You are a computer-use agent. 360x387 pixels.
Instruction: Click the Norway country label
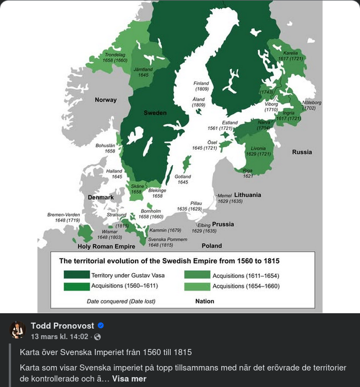point(106,100)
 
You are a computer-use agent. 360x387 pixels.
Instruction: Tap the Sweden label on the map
point(155,113)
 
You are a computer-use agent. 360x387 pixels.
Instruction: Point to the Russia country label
point(302,152)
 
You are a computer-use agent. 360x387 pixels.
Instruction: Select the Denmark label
point(101,197)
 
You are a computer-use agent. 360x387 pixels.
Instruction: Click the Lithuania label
point(247,195)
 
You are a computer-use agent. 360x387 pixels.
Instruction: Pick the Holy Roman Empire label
point(106,247)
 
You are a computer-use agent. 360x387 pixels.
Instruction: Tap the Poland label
point(211,246)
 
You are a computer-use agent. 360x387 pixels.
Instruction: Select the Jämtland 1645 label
point(143,72)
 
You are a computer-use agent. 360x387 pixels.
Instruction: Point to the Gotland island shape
point(187,164)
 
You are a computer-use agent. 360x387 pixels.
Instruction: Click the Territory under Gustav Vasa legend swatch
point(76,275)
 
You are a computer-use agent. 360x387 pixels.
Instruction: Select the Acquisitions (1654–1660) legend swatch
point(197,286)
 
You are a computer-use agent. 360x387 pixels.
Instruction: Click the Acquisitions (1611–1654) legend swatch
point(197,275)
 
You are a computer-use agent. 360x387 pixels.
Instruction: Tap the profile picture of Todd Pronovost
point(18,330)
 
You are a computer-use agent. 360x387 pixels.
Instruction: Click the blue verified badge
point(101,326)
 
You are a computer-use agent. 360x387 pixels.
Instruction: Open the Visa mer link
point(129,379)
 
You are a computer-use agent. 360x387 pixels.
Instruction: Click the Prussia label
point(223,224)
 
